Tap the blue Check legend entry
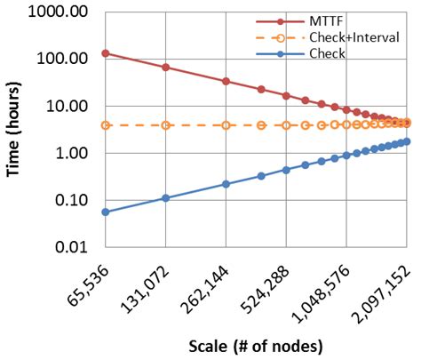[329, 54]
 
